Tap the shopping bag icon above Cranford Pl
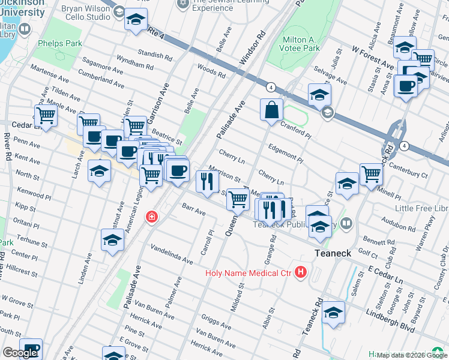tap(271, 110)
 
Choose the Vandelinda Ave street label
tap(172, 253)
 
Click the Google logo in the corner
tap(19, 353)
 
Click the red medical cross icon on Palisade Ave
tap(152, 217)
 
